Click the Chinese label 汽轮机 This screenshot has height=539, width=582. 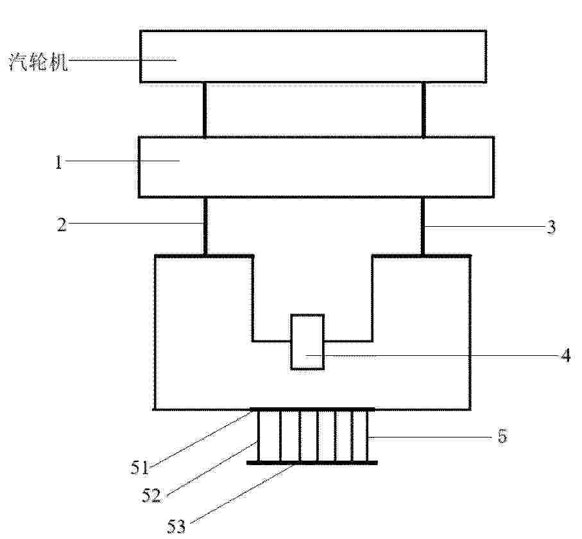[x=39, y=62]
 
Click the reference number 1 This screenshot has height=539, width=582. [x=58, y=163]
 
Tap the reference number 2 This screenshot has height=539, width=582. [x=62, y=224]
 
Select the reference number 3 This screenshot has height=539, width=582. [x=552, y=227]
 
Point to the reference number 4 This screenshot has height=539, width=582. [x=565, y=356]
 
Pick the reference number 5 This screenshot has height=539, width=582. [x=502, y=436]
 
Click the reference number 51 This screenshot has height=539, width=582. [x=139, y=467]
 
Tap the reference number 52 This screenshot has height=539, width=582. [x=151, y=495]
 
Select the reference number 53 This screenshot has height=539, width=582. [x=176, y=526]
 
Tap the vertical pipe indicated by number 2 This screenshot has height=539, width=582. [x=205, y=226]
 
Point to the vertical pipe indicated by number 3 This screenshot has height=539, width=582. [x=423, y=226]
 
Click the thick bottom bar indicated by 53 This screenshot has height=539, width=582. [x=312, y=463]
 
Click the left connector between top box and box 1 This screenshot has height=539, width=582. [x=205, y=110]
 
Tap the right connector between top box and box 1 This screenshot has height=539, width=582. [x=424, y=110]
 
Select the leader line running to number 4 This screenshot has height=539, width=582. [x=432, y=356]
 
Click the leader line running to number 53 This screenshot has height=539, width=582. [x=244, y=492]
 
